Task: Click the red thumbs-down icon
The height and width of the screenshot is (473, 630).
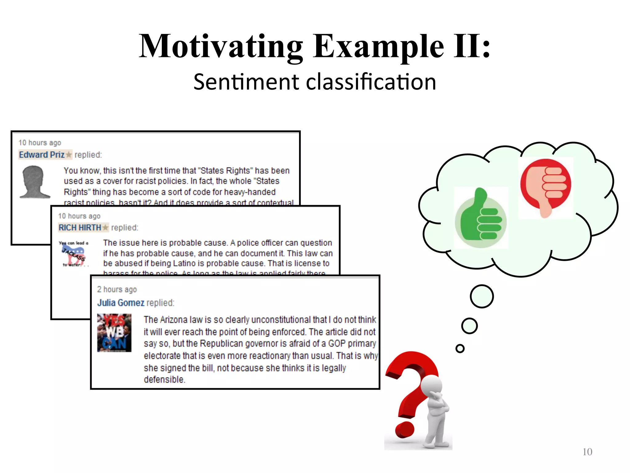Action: click(546, 186)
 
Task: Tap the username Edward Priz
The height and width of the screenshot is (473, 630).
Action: click(42, 155)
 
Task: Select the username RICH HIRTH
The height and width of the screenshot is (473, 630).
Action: click(80, 228)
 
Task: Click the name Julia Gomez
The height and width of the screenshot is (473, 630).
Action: click(121, 303)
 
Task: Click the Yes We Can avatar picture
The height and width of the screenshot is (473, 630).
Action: click(114, 333)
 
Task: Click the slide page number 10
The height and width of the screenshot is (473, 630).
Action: click(587, 452)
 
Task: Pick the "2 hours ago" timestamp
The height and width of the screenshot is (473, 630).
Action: click(117, 289)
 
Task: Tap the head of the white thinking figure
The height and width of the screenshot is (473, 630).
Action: click(431, 385)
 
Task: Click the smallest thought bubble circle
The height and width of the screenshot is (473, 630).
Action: click(460, 348)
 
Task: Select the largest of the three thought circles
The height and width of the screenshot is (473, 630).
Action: click(482, 296)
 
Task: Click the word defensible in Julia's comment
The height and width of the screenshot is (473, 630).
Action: click(164, 379)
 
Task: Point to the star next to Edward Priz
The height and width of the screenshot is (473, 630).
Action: click(69, 154)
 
